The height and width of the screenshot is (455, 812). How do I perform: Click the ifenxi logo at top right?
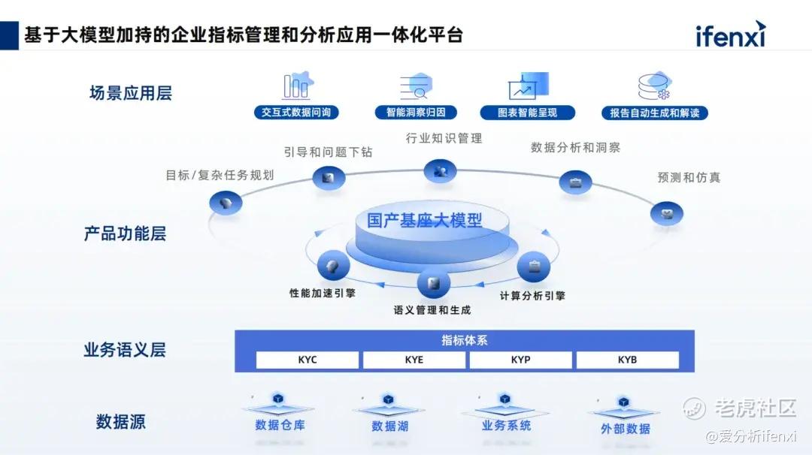(x=730, y=35)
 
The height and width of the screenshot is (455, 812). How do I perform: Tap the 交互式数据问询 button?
(x=296, y=113)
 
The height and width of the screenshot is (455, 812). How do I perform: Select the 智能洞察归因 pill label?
(x=416, y=113)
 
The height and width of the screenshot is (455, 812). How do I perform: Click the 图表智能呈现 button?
(x=528, y=113)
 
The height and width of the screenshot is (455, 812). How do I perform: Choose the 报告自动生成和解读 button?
(x=655, y=113)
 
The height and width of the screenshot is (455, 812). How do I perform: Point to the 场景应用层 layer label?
(x=131, y=93)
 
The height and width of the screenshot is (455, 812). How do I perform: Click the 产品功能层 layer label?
(x=125, y=234)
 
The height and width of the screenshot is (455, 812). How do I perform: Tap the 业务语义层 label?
(x=125, y=349)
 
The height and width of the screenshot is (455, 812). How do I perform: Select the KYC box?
(x=308, y=360)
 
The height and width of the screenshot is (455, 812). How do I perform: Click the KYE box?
(x=414, y=360)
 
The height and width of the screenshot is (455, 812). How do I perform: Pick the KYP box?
(x=521, y=360)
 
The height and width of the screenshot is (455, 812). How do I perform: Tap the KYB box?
(x=628, y=360)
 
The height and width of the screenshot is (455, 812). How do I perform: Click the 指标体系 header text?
(x=465, y=340)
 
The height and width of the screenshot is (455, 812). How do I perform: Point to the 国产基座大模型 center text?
(x=425, y=221)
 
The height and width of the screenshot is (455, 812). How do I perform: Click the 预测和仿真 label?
(x=689, y=178)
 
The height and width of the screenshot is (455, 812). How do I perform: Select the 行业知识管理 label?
(x=444, y=138)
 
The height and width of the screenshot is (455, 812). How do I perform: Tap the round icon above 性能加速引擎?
(x=333, y=266)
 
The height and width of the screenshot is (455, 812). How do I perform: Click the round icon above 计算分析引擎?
(x=534, y=267)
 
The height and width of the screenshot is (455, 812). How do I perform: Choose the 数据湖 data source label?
(x=389, y=426)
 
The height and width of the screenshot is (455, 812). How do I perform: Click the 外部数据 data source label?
(x=626, y=429)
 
